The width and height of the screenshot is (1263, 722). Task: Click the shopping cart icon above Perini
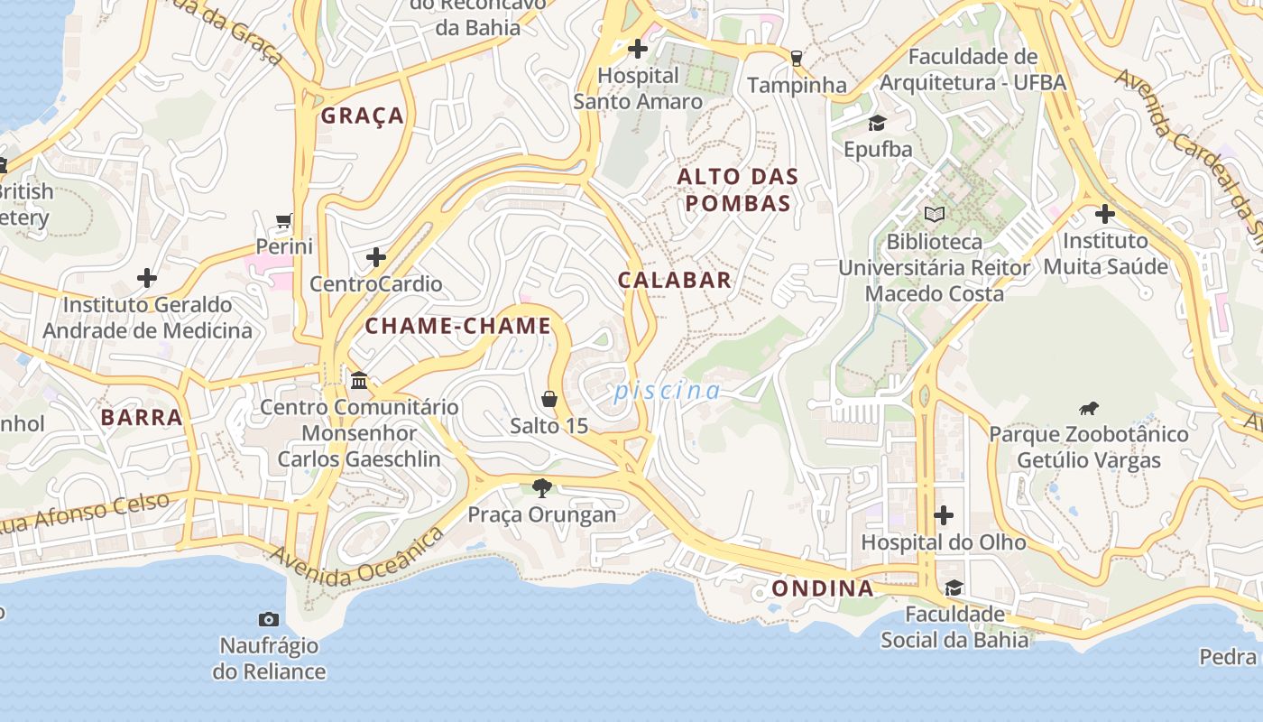pyautogui.click(x=284, y=220)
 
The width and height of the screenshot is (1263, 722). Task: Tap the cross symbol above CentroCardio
pyautogui.click(x=376, y=258)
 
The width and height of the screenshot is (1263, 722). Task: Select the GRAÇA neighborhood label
pyautogui.click(x=363, y=116)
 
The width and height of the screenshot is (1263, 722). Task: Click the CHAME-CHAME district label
pyautogui.click(x=457, y=326)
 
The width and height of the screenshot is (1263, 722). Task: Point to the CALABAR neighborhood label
pyautogui.click(x=674, y=280)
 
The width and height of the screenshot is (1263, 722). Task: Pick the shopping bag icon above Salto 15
pyautogui.click(x=549, y=399)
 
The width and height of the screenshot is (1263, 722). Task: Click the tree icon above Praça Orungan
pyautogui.click(x=541, y=488)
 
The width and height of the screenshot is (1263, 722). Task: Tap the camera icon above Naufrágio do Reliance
pyautogui.click(x=268, y=619)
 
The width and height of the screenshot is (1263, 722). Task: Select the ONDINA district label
pyautogui.click(x=822, y=588)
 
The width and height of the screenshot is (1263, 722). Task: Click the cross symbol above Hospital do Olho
pyautogui.click(x=944, y=515)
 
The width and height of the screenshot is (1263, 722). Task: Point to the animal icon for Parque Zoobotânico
pyautogui.click(x=1089, y=408)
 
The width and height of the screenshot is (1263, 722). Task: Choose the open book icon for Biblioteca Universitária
pyautogui.click(x=934, y=215)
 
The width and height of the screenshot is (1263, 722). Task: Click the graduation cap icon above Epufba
pyautogui.click(x=877, y=123)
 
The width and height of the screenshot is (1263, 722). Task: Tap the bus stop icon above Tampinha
pyautogui.click(x=796, y=59)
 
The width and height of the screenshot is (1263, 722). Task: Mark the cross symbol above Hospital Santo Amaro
pyautogui.click(x=638, y=49)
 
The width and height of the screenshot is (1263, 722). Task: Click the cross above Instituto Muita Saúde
pyautogui.click(x=1104, y=214)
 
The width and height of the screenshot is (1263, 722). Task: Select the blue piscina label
pyautogui.click(x=667, y=391)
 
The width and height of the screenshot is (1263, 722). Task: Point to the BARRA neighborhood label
pyautogui.click(x=142, y=417)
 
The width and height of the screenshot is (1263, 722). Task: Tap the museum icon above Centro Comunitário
pyautogui.click(x=359, y=381)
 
